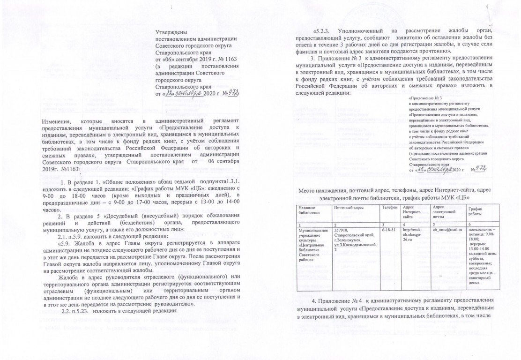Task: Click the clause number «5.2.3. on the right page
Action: [x=320, y=31]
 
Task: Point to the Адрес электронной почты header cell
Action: [x=444, y=212]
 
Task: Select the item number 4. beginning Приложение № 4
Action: [x=314, y=300]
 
